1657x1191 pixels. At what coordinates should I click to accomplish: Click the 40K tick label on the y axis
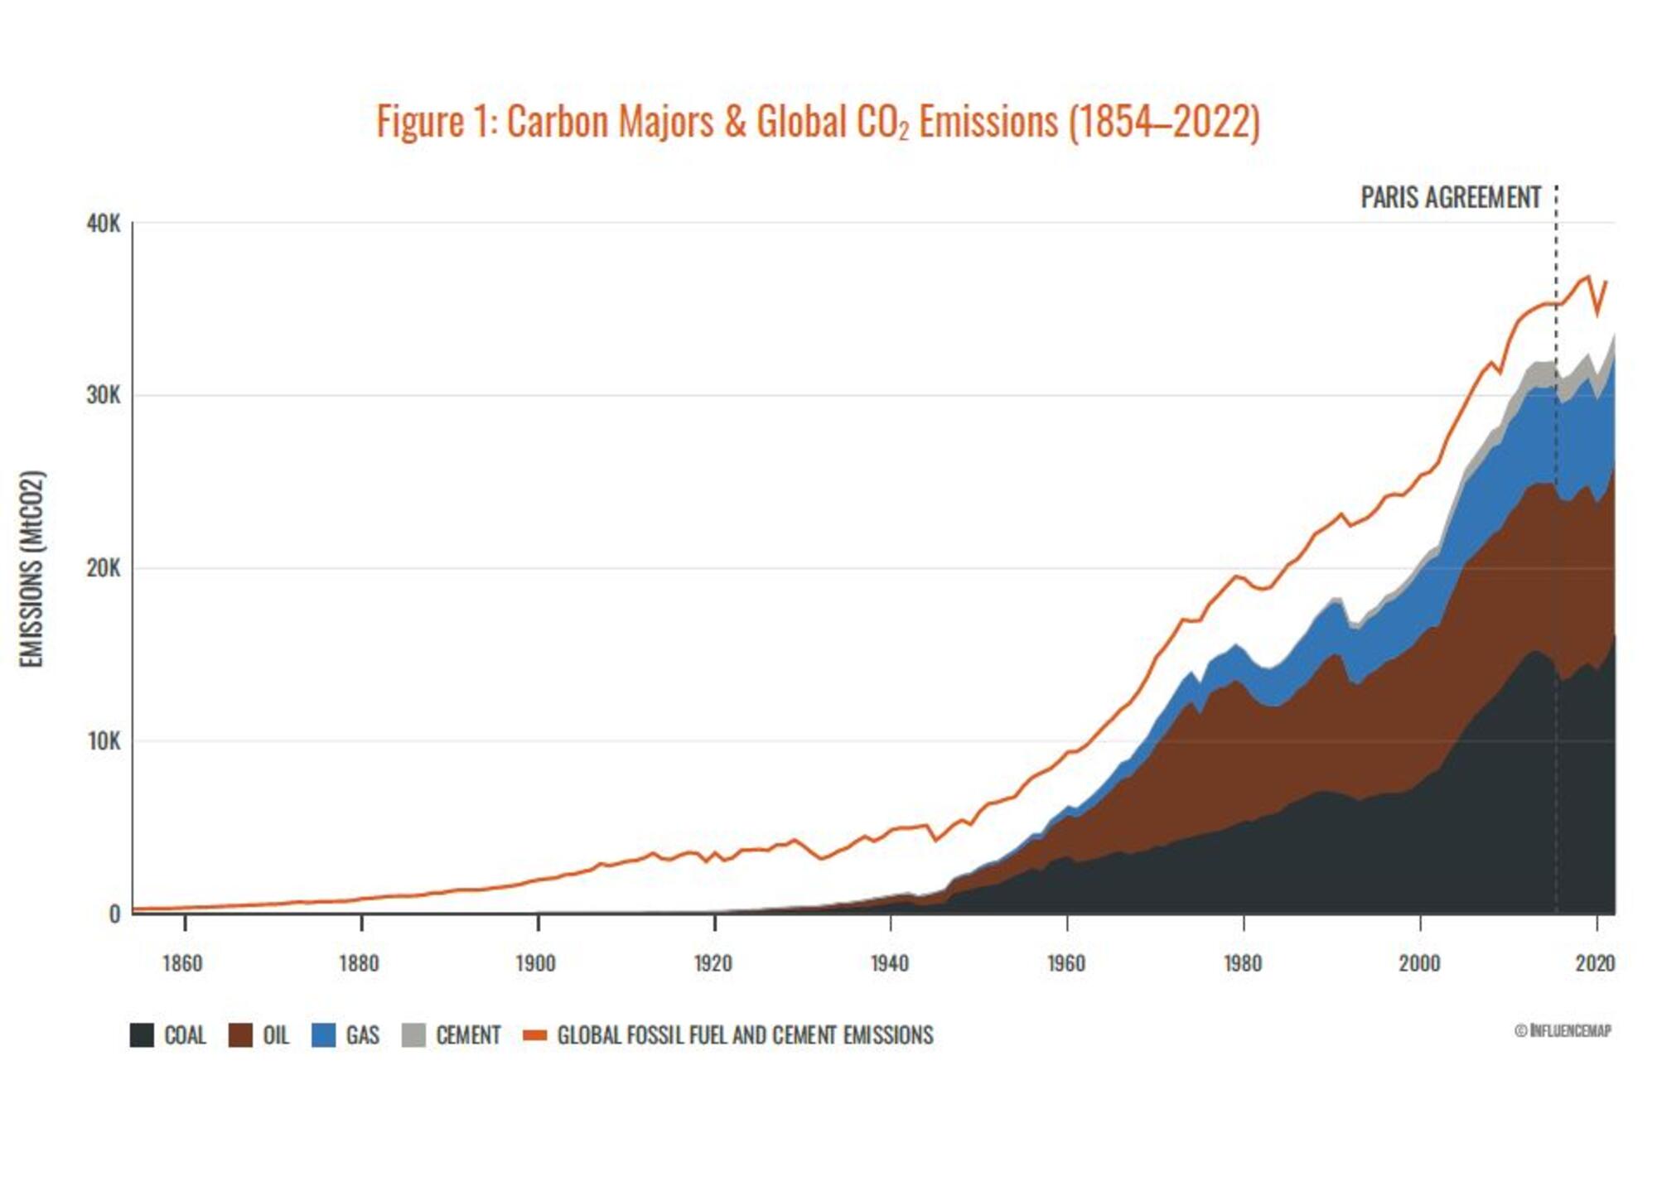coord(103,224)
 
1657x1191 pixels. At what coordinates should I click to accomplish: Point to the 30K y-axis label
coord(103,396)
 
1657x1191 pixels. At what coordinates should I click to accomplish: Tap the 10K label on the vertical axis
coord(103,741)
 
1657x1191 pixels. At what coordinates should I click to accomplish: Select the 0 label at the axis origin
coord(114,914)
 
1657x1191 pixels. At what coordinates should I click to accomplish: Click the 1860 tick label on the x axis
coord(181,963)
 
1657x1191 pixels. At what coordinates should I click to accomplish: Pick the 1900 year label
coord(535,963)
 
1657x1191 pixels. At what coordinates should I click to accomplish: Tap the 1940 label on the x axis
coord(889,963)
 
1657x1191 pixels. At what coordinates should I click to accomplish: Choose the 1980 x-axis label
coord(1242,963)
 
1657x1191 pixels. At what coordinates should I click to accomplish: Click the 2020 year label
coord(1595,963)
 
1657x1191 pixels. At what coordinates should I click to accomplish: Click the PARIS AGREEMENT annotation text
coord(1450,198)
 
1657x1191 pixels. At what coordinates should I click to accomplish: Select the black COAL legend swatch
coord(142,1035)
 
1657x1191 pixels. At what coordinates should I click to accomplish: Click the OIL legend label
coord(276,1035)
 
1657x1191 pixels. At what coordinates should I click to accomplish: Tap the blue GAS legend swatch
coord(323,1035)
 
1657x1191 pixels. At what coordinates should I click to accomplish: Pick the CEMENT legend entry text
coord(468,1035)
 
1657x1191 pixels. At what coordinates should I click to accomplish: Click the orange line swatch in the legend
coord(535,1035)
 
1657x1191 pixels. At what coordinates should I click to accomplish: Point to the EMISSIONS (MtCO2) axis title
coord(31,569)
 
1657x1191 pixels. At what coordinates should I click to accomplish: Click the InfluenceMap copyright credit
coord(1563,1030)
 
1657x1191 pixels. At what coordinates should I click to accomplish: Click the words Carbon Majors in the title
coord(610,122)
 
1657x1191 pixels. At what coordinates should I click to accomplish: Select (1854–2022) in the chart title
coord(1164,122)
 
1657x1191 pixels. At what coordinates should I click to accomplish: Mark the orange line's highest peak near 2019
coord(1587,277)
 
